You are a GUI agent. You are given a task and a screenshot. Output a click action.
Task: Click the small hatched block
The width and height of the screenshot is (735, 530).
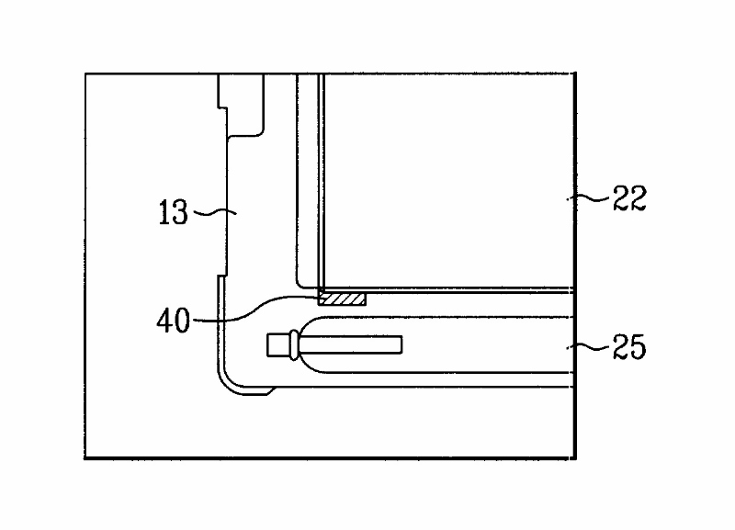coord(342,299)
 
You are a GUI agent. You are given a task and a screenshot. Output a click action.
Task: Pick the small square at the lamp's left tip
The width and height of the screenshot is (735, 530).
coord(276,346)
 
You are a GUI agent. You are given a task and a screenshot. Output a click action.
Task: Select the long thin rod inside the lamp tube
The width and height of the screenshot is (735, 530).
coord(354,344)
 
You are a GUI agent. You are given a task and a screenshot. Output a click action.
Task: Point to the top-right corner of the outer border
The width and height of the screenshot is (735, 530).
coord(576,73)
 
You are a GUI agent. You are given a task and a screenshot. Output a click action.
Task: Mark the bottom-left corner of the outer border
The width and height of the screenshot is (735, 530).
coord(85,457)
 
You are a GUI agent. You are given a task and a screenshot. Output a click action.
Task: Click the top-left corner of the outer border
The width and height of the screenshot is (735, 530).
coord(85,73)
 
